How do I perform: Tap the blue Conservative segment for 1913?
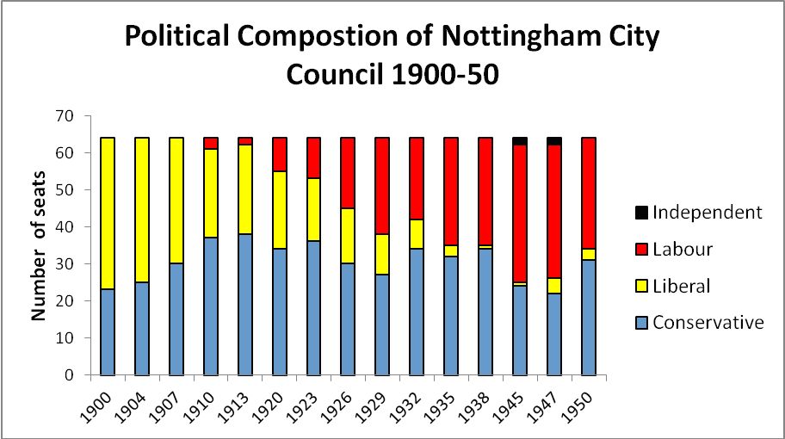coord(245,306)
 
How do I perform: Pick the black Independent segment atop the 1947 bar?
coord(554,141)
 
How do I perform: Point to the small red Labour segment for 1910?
coord(211,143)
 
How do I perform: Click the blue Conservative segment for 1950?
coord(589,318)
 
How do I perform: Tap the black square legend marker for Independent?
coord(640,213)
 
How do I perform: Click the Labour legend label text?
coord(683,250)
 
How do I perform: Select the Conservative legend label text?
coord(708,324)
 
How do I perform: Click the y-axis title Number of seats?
coord(39,246)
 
